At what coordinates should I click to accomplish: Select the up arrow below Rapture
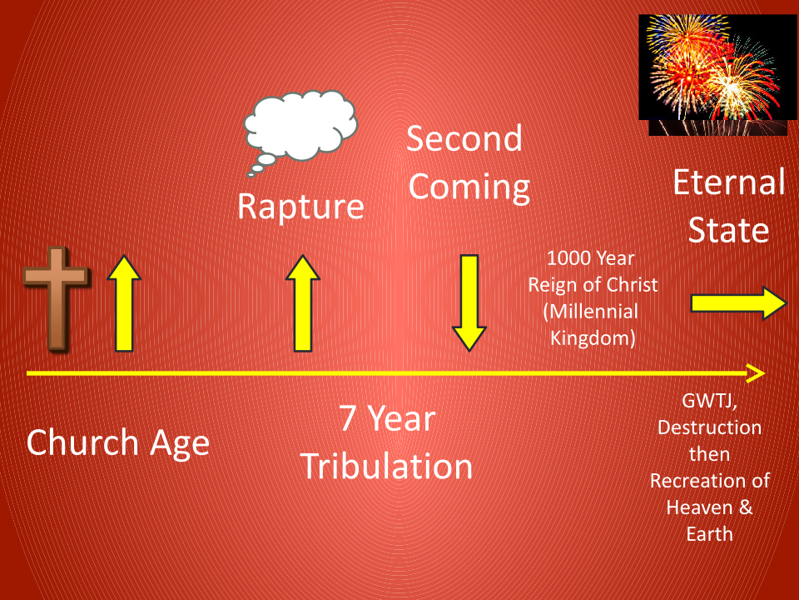pos(303,303)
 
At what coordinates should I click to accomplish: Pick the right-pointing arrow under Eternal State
pos(737,305)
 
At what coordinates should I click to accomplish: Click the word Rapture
pos(300,206)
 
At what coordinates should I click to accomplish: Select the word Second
pos(464,139)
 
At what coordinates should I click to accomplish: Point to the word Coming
pos(469,187)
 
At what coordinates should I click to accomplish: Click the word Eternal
pos(728,182)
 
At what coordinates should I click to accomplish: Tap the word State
pos(728,230)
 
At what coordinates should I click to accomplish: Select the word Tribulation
pos(385,466)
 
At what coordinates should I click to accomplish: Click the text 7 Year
pos(387,418)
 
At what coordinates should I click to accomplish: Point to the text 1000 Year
pos(592,257)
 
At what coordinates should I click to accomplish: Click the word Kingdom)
pos(593,338)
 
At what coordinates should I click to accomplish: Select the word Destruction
pos(709,428)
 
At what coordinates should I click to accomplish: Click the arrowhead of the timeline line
pos(757,374)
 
